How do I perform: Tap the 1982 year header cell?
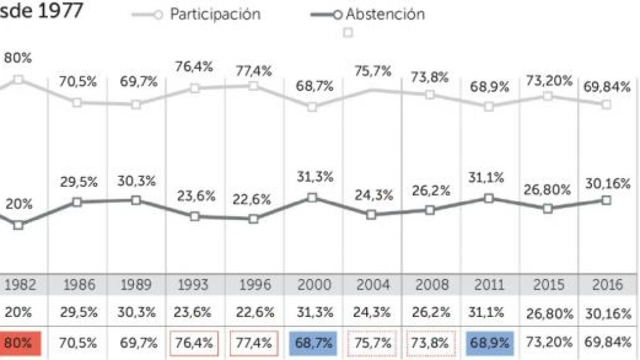click(21, 285)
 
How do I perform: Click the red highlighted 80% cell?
click(21, 343)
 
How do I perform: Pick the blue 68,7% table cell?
click(313, 343)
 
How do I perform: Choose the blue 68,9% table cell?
click(489, 343)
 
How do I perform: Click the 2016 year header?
click(607, 285)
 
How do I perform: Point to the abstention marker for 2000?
click(313, 197)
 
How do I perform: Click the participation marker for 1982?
click(19, 79)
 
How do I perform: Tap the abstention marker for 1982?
click(19, 225)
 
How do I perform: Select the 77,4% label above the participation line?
click(253, 70)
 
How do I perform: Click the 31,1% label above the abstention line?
click(489, 178)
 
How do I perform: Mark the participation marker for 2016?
click(606, 104)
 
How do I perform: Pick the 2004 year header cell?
click(372, 285)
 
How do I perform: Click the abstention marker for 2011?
click(489, 198)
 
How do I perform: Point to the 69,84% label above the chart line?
click(607, 84)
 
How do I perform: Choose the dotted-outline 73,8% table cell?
click(430, 343)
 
